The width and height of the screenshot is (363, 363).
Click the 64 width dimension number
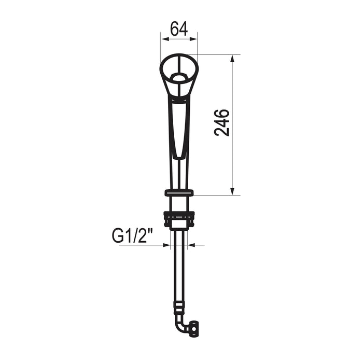(179, 29)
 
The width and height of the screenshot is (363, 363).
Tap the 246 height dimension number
(222, 122)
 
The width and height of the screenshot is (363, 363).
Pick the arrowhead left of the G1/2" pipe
(166, 245)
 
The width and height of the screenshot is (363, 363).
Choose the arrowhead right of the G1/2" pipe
(191, 245)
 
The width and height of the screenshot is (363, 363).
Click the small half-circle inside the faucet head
(179, 77)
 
